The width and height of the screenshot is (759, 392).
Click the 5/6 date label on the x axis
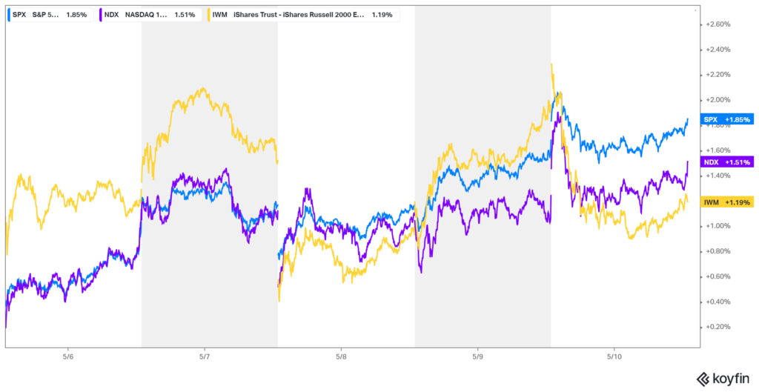(68, 356)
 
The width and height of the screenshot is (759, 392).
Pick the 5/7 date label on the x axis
(205, 356)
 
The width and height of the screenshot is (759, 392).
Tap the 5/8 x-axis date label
(340, 356)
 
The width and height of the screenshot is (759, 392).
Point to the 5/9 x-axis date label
(477, 356)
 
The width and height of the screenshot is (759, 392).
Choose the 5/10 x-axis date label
(614, 356)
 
